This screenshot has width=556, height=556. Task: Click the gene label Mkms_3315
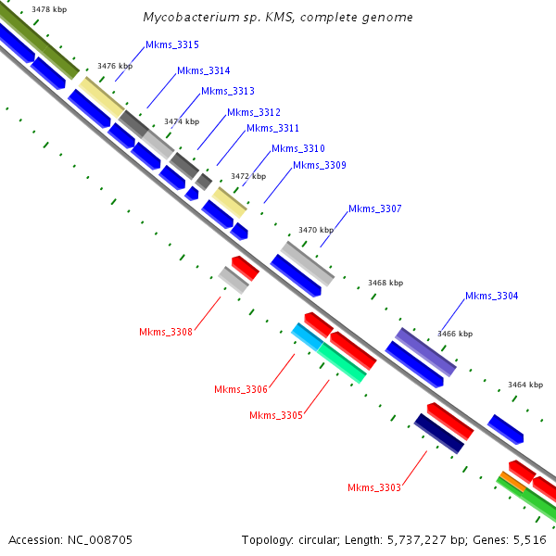(171, 44)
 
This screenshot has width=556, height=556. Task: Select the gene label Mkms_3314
(203, 70)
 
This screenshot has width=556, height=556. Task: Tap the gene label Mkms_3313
(227, 91)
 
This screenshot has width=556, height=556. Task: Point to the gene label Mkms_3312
(253, 112)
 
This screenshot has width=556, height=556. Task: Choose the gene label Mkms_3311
(272, 129)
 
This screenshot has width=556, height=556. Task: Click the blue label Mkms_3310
(297, 148)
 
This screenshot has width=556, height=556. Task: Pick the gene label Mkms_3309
(319, 165)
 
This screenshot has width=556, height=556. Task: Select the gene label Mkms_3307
(374, 208)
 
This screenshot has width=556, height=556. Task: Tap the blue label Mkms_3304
(491, 296)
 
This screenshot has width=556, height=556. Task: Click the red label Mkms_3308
(166, 332)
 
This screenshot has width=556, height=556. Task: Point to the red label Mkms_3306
(240, 389)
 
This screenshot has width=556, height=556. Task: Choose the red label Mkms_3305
(275, 415)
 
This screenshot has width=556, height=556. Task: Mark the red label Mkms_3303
(374, 487)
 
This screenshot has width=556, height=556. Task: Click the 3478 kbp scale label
(48, 9)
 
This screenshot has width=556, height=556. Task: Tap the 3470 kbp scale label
(315, 230)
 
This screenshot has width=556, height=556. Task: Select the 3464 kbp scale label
(524, 385)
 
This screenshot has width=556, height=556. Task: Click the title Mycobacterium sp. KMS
(278, 18)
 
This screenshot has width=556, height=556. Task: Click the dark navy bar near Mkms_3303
(438, 434)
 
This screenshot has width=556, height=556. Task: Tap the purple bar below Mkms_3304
(426, 351)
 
